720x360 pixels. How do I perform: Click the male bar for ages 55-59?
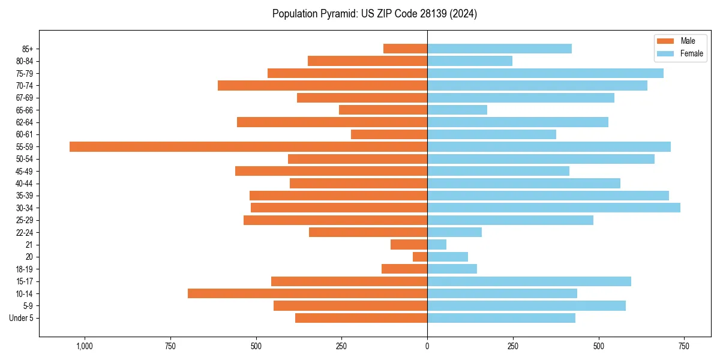click(248, 146)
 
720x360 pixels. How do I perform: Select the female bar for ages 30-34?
click(554, 208)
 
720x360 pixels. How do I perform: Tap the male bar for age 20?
click(420, 257)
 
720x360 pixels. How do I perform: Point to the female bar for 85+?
click(499, 49)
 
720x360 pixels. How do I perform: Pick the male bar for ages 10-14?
click(307, 293)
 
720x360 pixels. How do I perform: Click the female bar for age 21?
click(437, 244)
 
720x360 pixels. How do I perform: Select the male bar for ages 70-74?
click(322, 85)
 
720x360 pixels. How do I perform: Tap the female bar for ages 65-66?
click(457, 110)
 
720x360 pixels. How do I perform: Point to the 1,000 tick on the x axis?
click(84, 346)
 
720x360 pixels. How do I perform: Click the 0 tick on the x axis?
click(427, 346)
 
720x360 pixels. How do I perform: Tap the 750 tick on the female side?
click(684, 346)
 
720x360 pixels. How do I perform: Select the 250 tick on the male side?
click(341, 346)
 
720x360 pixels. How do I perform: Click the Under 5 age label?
click(21, 318)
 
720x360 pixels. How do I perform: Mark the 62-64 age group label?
click(25, 122)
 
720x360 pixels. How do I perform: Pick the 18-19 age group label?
click(25, 269)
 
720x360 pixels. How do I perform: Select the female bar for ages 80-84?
click(470, 61)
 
